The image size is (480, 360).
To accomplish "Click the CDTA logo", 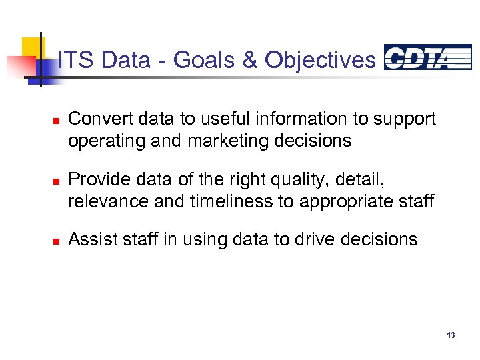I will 427,57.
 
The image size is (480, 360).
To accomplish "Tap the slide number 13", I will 451,335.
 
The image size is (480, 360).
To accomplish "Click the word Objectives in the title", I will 320,60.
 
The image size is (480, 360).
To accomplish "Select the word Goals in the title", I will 203,60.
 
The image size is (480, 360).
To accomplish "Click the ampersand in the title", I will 250,60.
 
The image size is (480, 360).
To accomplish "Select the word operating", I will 100,141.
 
